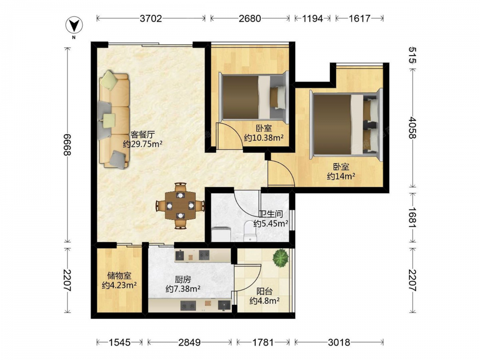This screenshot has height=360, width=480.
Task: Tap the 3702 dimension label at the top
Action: pos(151,18)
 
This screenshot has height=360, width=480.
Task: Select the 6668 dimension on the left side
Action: pos(67,144)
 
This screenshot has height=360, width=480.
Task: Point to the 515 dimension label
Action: pos(412,55)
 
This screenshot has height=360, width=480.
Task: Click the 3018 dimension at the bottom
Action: pos(339,342)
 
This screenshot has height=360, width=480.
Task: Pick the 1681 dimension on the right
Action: pos(412,217)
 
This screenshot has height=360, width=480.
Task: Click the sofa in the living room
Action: pos(113,120)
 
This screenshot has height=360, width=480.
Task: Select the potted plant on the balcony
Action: pos(281,257)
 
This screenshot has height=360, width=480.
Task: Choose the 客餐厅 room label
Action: pos(143,134)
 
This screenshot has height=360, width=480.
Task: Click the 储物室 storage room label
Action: pos(119,276)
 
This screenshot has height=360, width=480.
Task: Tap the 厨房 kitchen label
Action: pos(183,279)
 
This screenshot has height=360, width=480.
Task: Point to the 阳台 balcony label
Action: pos(264,291)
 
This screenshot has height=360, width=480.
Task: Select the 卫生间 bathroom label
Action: pos(271,214)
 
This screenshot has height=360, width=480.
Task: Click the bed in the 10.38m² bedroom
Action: pos(254,97)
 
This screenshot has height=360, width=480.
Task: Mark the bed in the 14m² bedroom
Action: pos(346,124)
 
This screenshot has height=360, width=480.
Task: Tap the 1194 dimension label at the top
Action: pos(312,18)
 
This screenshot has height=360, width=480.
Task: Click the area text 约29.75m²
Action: pos(143,144)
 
